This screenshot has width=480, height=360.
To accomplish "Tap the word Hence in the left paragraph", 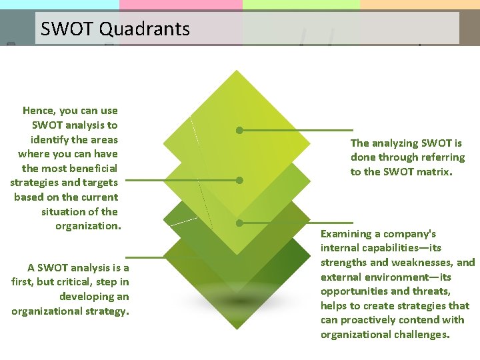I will pyautogui.click(x=39, y=111).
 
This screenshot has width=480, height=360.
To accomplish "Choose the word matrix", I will pyautogui.click(x=433, y=171).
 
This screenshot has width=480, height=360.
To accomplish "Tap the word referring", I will pyautogui.click(x=438, y=157).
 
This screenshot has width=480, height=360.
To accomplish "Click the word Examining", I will pyautogui.click(x=346, y=234).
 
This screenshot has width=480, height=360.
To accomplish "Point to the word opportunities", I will pyautogui.click(x=353, y=291).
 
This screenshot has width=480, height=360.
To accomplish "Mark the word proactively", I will pyautogui.click(x=371, y=320).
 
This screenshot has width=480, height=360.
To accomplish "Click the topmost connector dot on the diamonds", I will pyautogui.click(x=239, y=130).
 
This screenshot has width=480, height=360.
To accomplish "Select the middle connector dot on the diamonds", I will pyautogui.click(x=239, y=180).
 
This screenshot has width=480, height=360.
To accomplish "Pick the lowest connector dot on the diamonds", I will pyautogui.click(x=239, y=223).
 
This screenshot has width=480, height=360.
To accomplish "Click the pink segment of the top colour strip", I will pyautogui.click(x=181, y=4).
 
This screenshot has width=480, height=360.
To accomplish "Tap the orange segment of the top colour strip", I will pyautogui.click(x=419, y=4).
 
